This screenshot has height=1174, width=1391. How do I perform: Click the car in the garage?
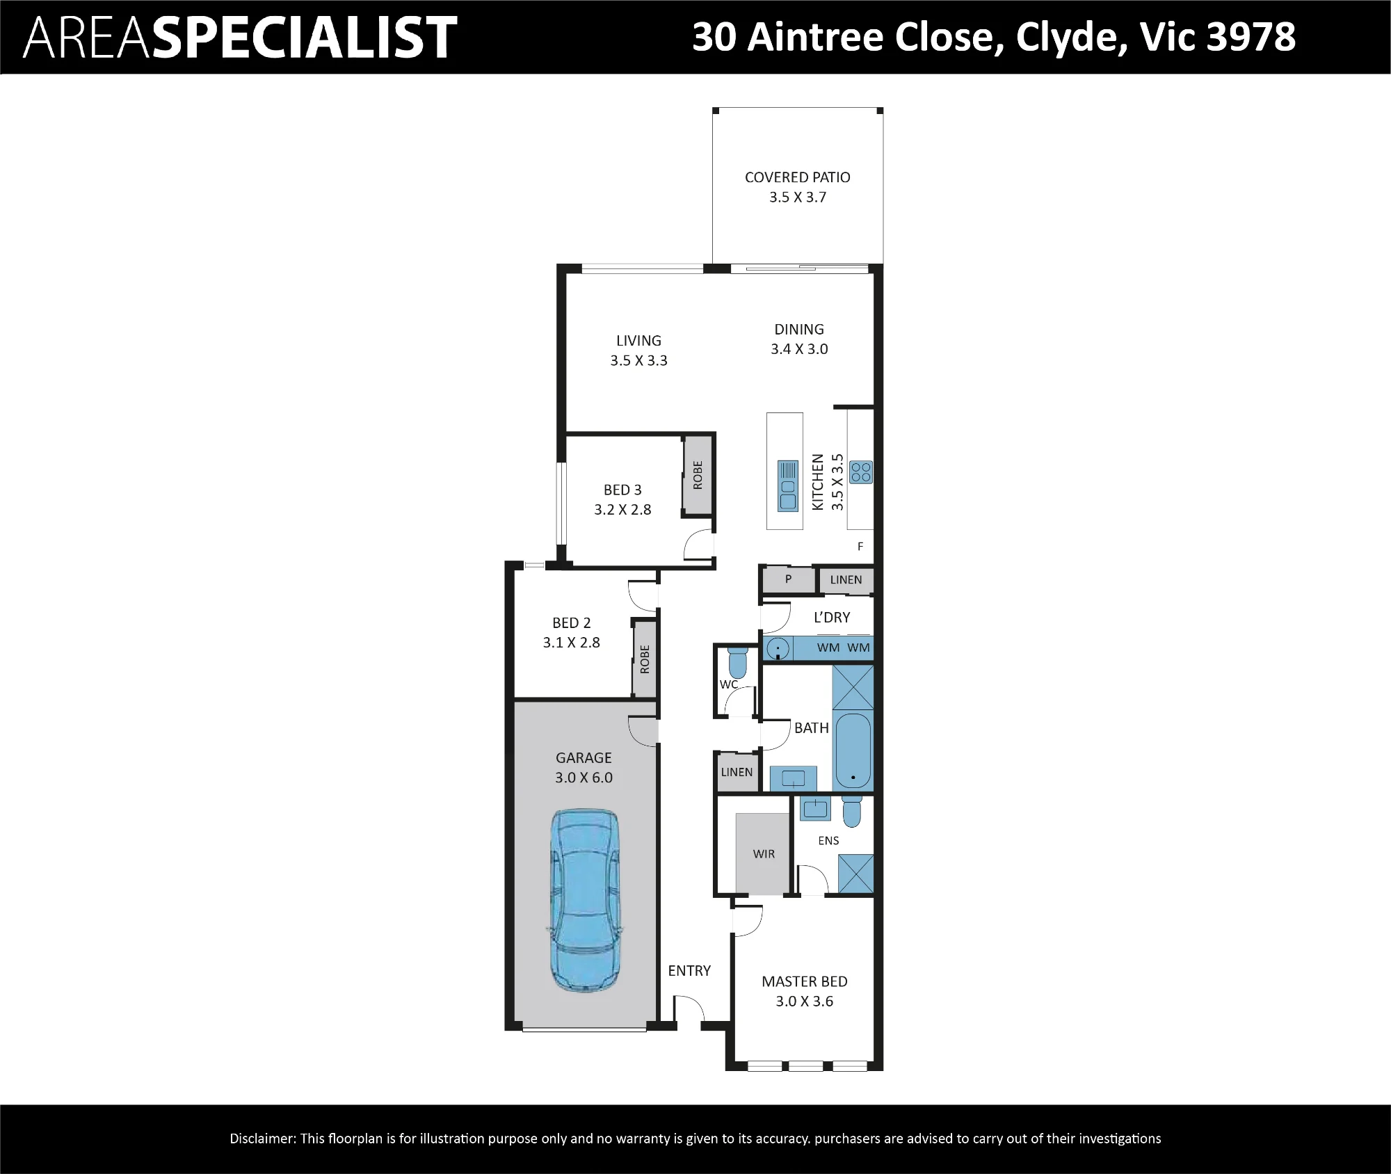[584, 900]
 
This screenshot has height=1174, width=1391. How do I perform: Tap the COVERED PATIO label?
[797, 177]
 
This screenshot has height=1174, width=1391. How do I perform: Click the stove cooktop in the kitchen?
[861, 472]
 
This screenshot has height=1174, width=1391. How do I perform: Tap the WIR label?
[764, 854]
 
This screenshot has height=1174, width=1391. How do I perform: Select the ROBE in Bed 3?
[698, 475]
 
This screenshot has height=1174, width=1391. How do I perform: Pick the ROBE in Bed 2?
[644, 659]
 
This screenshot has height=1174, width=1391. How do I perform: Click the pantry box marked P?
[788, 579]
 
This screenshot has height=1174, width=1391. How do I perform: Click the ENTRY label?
[689, 970]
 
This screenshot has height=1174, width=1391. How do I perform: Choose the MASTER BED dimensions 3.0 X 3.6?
[804, 1002]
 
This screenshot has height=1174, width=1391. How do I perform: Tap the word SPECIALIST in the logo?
[304, 38]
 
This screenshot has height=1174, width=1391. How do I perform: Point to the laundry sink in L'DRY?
[778, 648]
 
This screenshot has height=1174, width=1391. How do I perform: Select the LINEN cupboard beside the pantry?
[846, 579]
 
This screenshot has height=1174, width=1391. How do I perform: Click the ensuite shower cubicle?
[855, 874]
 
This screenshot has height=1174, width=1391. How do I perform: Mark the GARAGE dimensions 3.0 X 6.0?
[584, 778]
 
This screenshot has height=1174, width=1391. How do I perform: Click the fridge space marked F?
[860, 547]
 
